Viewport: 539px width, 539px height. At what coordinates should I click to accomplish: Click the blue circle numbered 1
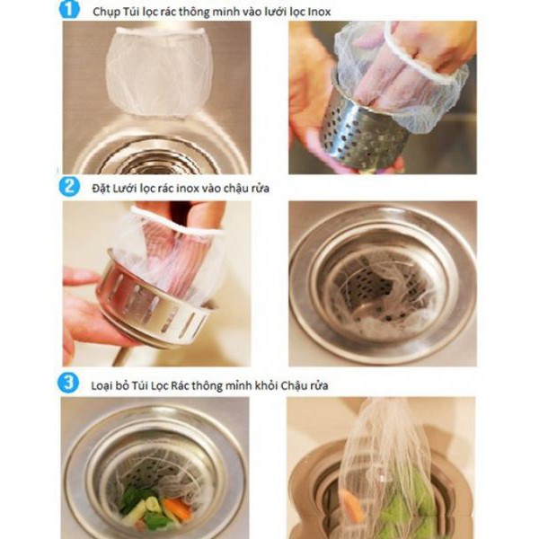click(x=69, y=9)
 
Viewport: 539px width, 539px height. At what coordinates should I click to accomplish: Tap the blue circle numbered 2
click(x=69, y=187)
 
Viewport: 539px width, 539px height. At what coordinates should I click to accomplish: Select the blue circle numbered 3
click(x=68, y=383)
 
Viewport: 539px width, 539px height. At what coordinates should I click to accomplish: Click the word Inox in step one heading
click(x=319, y=12)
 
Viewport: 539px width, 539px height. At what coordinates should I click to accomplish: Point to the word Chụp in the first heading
click(x=105, y=13)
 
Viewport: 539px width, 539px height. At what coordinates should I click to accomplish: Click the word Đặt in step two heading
click(x=100, y=189)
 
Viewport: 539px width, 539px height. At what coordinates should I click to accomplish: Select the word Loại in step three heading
click(x=102, y=385)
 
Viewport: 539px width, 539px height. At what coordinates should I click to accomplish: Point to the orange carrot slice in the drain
click(x=176, y=508)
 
